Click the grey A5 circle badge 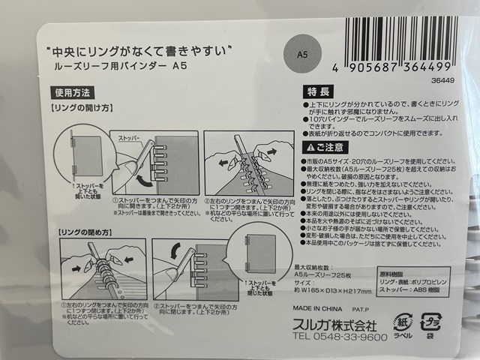coord(303,55)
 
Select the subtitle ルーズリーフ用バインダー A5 coord(120,67)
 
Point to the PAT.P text coord(381,307)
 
